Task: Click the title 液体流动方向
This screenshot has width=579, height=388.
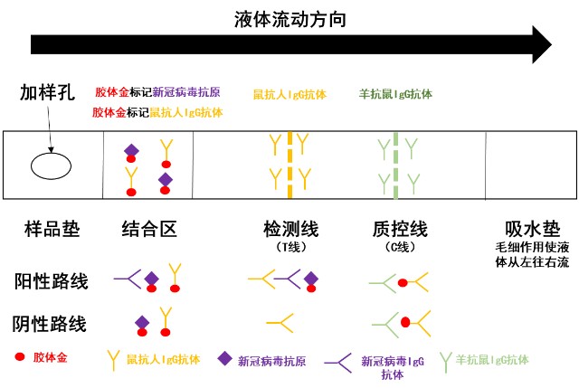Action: (x=289, y=17)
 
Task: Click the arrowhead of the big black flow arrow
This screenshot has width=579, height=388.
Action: (x=540, y=43)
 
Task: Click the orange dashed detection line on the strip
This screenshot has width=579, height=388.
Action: (x=289, y=165)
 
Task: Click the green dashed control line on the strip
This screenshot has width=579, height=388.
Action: (x=395, y=165)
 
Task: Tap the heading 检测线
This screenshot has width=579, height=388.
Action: (x=290, y=229)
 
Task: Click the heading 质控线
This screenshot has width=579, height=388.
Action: (x=400, y=229)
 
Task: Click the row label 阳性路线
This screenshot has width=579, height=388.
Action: (x=51, y=280)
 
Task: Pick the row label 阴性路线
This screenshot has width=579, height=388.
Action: (x=51, y=323)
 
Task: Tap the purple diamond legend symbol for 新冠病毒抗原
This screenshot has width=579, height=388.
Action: (x=224, y=358)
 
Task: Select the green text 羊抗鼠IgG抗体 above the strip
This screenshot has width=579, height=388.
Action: (x=395, y=93)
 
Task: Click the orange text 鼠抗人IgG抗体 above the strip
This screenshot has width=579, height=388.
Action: (x=289, y=93)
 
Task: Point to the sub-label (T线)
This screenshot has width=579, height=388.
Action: (x=290, y=247)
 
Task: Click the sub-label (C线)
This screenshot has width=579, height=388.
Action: (x=399, y=247)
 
